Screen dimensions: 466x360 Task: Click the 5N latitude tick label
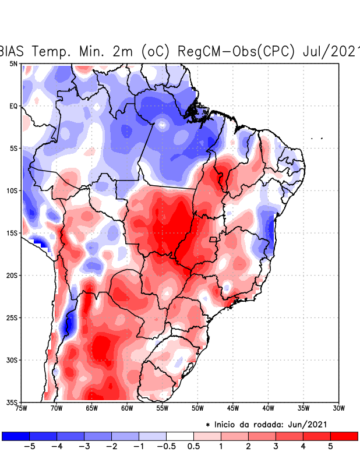[13, 63]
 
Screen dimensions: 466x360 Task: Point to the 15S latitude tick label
[12, 233]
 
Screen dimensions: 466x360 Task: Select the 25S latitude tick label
[12, 317]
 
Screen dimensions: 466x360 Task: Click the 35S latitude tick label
[12, 402]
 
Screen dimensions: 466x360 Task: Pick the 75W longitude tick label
[22, 408]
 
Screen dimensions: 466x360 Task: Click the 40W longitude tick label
[268, 408]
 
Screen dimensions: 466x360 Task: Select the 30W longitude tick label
[338, 408]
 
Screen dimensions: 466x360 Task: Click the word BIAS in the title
[14, 51]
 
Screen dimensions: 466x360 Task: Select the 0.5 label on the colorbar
[193, 446]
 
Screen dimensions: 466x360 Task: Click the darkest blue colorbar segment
[16, 436]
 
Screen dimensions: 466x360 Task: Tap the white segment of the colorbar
[180, 436]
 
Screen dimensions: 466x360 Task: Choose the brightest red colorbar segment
[344, 436]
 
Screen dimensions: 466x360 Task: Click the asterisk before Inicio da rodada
[208, 425]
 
